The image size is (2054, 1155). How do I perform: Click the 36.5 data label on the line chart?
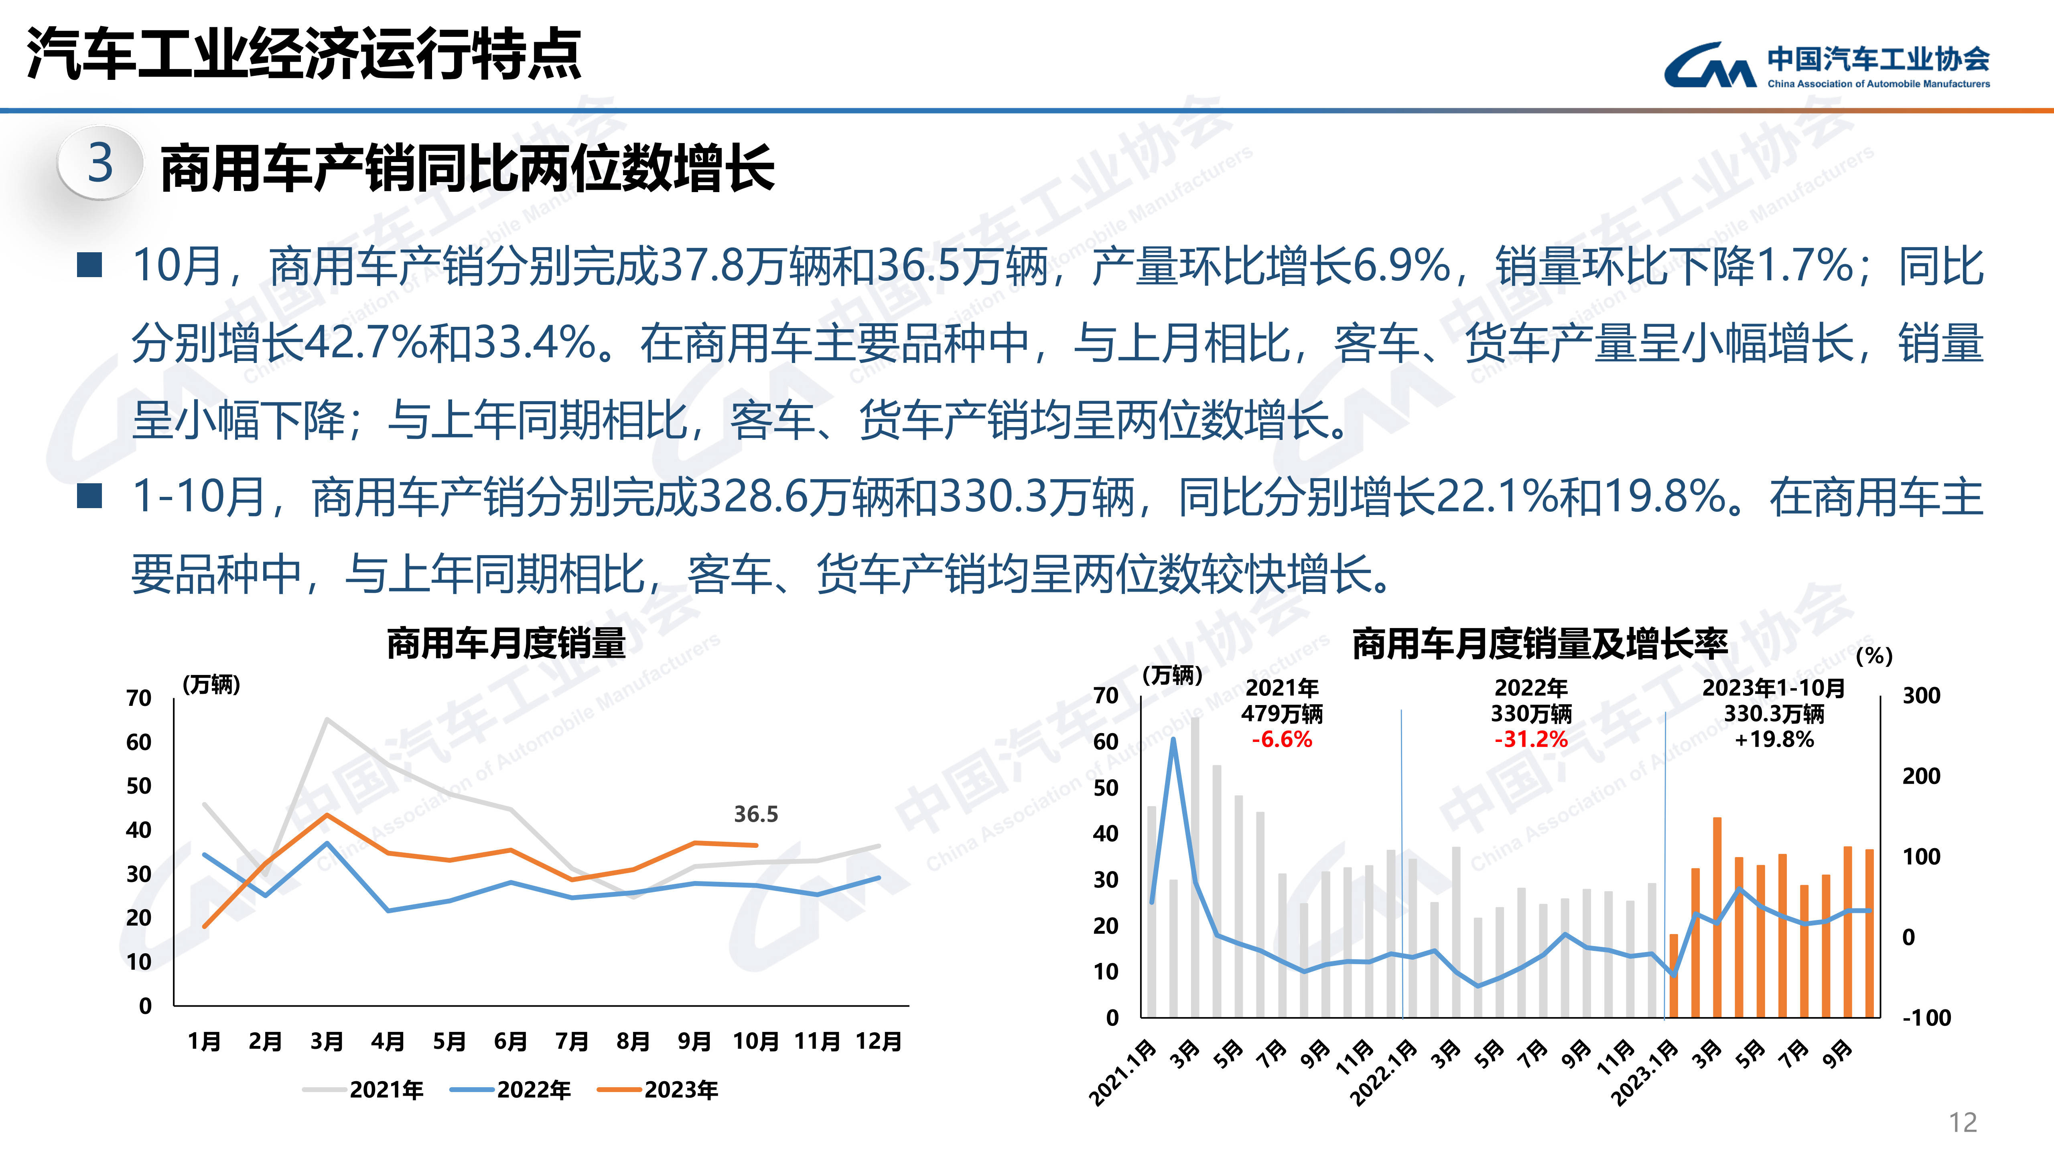(755, 814)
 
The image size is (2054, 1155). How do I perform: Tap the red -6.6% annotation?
(1281, 740)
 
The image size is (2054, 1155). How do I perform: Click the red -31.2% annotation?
(1531, 740)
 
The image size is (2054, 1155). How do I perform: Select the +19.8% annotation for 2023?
(1774, 740)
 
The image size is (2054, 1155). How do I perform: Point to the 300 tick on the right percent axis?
(1921, 696)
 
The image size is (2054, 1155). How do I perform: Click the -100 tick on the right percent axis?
(1926, 1018)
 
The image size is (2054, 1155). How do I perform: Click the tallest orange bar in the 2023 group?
(1717, 917)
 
